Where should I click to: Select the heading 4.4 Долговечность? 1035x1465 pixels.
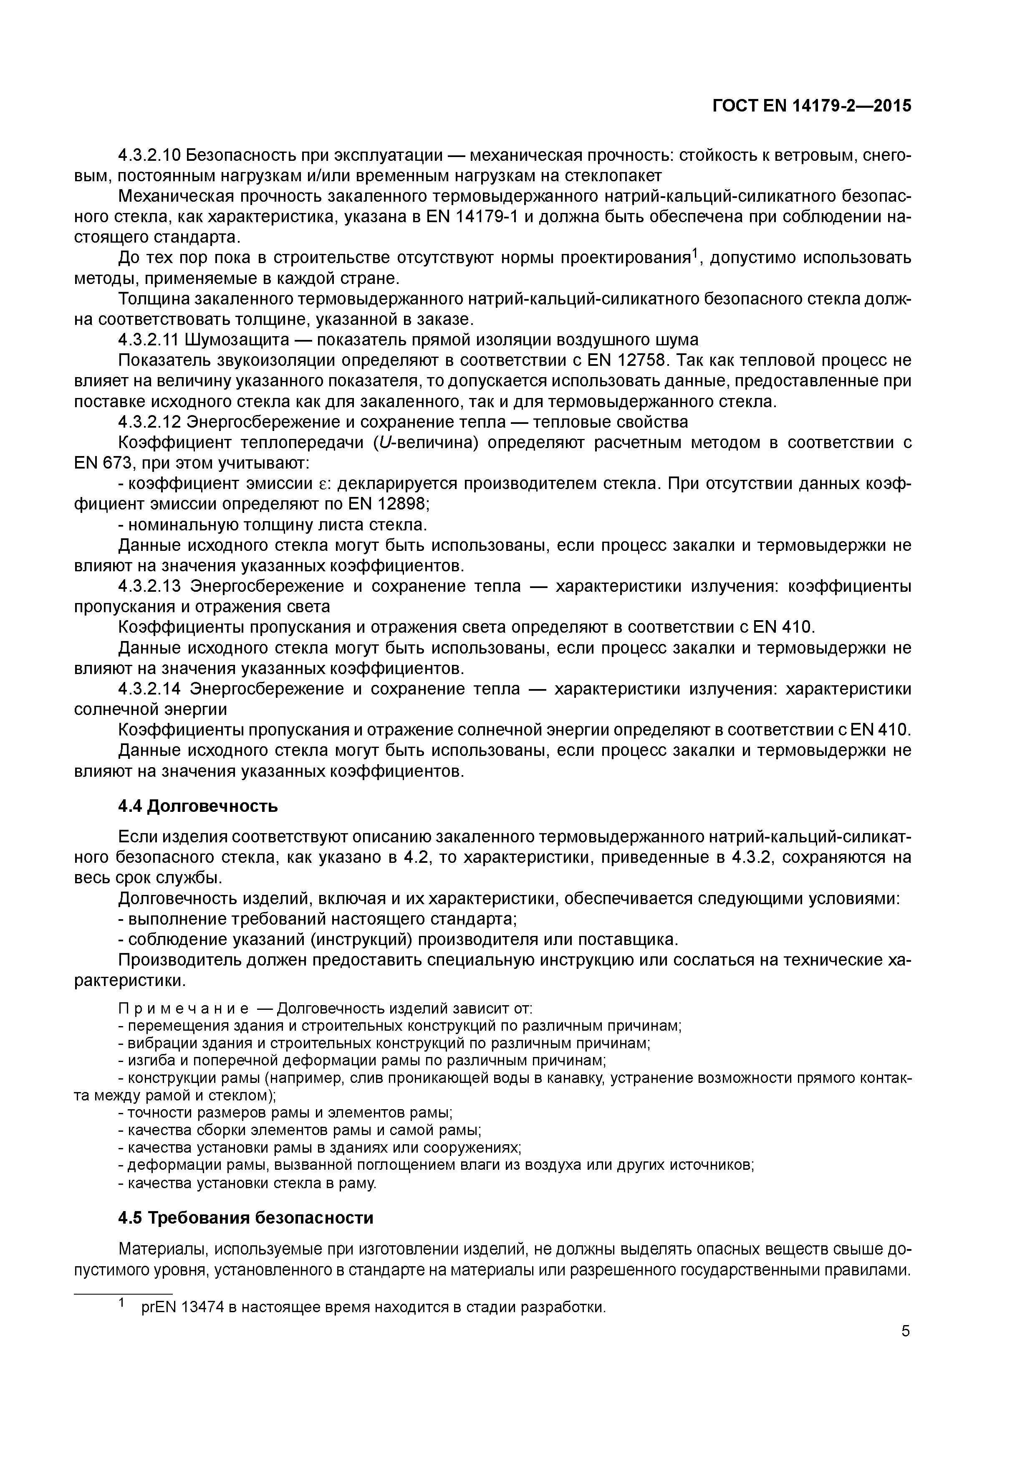point(198,806)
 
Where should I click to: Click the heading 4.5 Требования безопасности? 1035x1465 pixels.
point(245,1218)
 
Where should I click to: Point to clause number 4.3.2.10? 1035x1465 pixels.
point(150,155)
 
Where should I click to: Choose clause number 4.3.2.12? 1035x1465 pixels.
point(150,422)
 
